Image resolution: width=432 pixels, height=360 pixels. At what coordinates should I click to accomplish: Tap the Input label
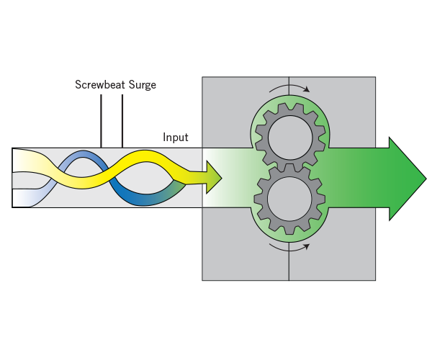[176, 138]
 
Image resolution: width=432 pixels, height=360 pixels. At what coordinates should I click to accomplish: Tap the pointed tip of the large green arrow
[424, 178]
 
